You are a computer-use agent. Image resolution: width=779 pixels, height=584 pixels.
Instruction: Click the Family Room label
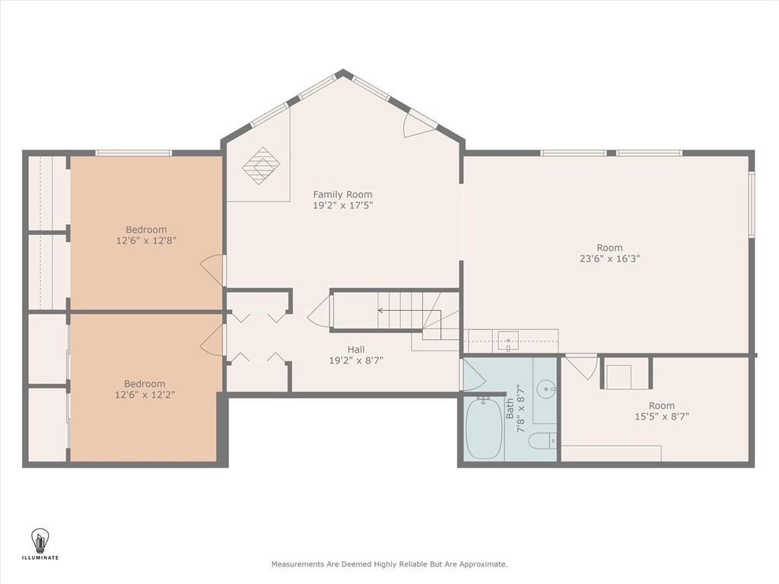click(342, 194)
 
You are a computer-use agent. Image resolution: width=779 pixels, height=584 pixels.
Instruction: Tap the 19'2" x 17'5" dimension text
click(343, 205)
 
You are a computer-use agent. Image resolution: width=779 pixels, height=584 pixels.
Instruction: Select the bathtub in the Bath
click(483, 428)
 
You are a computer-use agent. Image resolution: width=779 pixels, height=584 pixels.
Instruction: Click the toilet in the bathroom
click(542, 440)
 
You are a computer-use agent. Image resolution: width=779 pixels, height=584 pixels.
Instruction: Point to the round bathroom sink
click(547, 387)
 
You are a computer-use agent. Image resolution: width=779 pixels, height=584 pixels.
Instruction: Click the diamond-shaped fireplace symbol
click(261, 166)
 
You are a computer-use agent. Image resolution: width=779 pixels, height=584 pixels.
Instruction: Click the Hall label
click(356, 350)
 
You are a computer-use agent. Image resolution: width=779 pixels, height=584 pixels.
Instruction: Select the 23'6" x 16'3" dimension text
click(609, 259)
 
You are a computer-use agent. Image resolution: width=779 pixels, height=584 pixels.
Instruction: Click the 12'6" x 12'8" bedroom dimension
click(146, 240)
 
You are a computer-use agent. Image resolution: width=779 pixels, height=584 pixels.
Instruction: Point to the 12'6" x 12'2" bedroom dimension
click(145, 395)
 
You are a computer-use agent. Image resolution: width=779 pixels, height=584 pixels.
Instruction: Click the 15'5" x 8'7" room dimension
click(662, 416)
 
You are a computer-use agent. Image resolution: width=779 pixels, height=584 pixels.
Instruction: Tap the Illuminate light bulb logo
click(40, 541)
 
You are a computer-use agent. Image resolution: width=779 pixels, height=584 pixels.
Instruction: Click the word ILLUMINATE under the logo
click(40, 557)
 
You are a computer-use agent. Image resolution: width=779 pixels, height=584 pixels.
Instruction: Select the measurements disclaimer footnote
click(389, 564)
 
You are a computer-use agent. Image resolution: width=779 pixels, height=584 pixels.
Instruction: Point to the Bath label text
click(510, 408)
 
